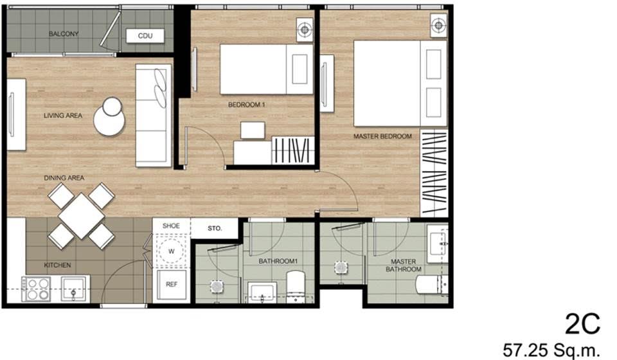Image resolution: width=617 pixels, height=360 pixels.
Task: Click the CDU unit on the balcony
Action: pyautogui.click(x=145, y=36)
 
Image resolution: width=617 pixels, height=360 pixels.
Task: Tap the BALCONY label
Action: pyautogui.click(x=64, y=34)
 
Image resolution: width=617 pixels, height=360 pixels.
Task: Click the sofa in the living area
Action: pyautogui.click(x=154, y=115)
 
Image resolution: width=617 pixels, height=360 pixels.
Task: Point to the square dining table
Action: pyautogui.click(x=82, y=215)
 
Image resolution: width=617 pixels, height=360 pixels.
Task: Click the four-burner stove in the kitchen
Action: pyautogui.click(x=36, y=289)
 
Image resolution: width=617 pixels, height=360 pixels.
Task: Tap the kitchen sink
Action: pyautogui.click(x=74, y=289)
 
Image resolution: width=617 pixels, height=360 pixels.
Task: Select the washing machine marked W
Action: pyautogui.click(x=171, y=251)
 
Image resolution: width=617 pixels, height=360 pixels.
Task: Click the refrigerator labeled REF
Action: pyautogui.click(x=171, y=284)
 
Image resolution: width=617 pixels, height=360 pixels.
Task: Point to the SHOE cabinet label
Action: pyautogui.click(x=171, y=226)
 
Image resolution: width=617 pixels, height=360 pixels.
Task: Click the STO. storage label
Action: pyautogui.click(x=215, y=228)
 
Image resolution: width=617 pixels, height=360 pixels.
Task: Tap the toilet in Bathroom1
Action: pyautogui.click(x=296, y=286)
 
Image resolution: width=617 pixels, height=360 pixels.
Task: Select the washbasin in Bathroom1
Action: pyautogui.click(x=262, y=292)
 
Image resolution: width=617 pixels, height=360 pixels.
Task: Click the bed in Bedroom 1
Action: pyautogui.click(x=266, y=69)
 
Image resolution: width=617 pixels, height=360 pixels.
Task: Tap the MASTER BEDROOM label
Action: pyautogui.click(x=382, y=136)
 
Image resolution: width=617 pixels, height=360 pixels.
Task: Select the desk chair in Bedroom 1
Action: pyautogui.click(x=253, y=130)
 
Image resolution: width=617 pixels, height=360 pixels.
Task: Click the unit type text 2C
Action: pyautogui.click(x=583, y=324)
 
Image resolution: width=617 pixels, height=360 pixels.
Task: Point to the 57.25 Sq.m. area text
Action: pyautogui.click(x=551, y=349)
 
